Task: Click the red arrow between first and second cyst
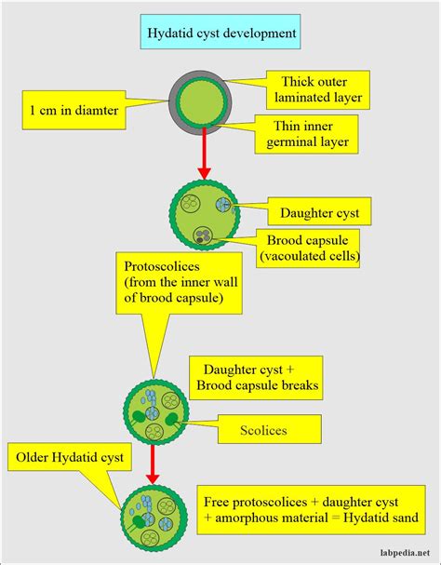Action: point(203,154)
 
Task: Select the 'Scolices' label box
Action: point(271,430)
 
